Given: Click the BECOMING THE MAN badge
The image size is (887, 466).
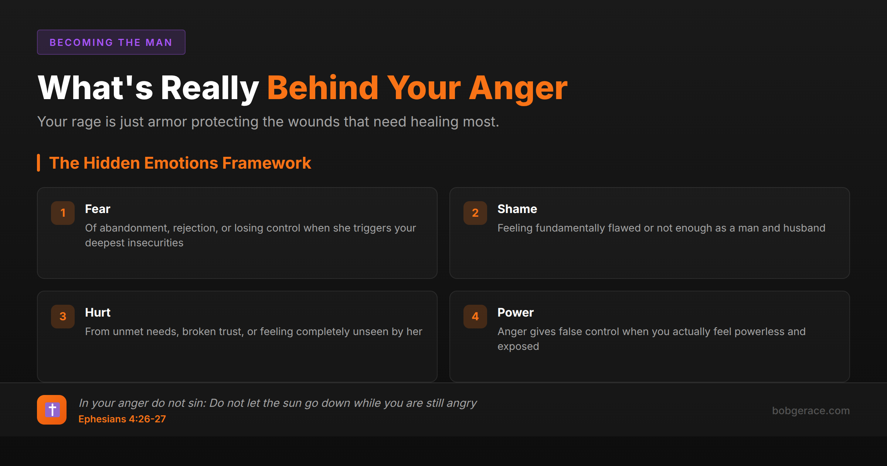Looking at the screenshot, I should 111,42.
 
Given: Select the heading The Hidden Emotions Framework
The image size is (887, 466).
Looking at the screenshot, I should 180,163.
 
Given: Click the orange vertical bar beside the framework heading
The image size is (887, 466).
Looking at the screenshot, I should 38,163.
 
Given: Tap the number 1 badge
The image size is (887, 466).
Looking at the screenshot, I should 63,213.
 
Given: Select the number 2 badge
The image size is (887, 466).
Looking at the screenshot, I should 475,213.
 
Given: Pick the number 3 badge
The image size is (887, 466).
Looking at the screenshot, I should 63,316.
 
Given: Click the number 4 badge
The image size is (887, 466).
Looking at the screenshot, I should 475,316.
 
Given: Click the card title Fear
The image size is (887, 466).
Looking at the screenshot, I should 98,209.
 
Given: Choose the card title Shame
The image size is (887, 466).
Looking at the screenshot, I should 517,209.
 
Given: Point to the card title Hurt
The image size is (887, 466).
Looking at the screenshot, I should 98,313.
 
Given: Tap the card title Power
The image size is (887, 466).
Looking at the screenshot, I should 516,313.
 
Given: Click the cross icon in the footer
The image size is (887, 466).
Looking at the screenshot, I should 52,410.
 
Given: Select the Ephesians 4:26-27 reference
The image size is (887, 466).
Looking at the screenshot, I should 122,419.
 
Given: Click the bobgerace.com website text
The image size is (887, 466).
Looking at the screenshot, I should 811,411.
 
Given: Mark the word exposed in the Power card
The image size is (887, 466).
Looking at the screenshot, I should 518,347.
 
